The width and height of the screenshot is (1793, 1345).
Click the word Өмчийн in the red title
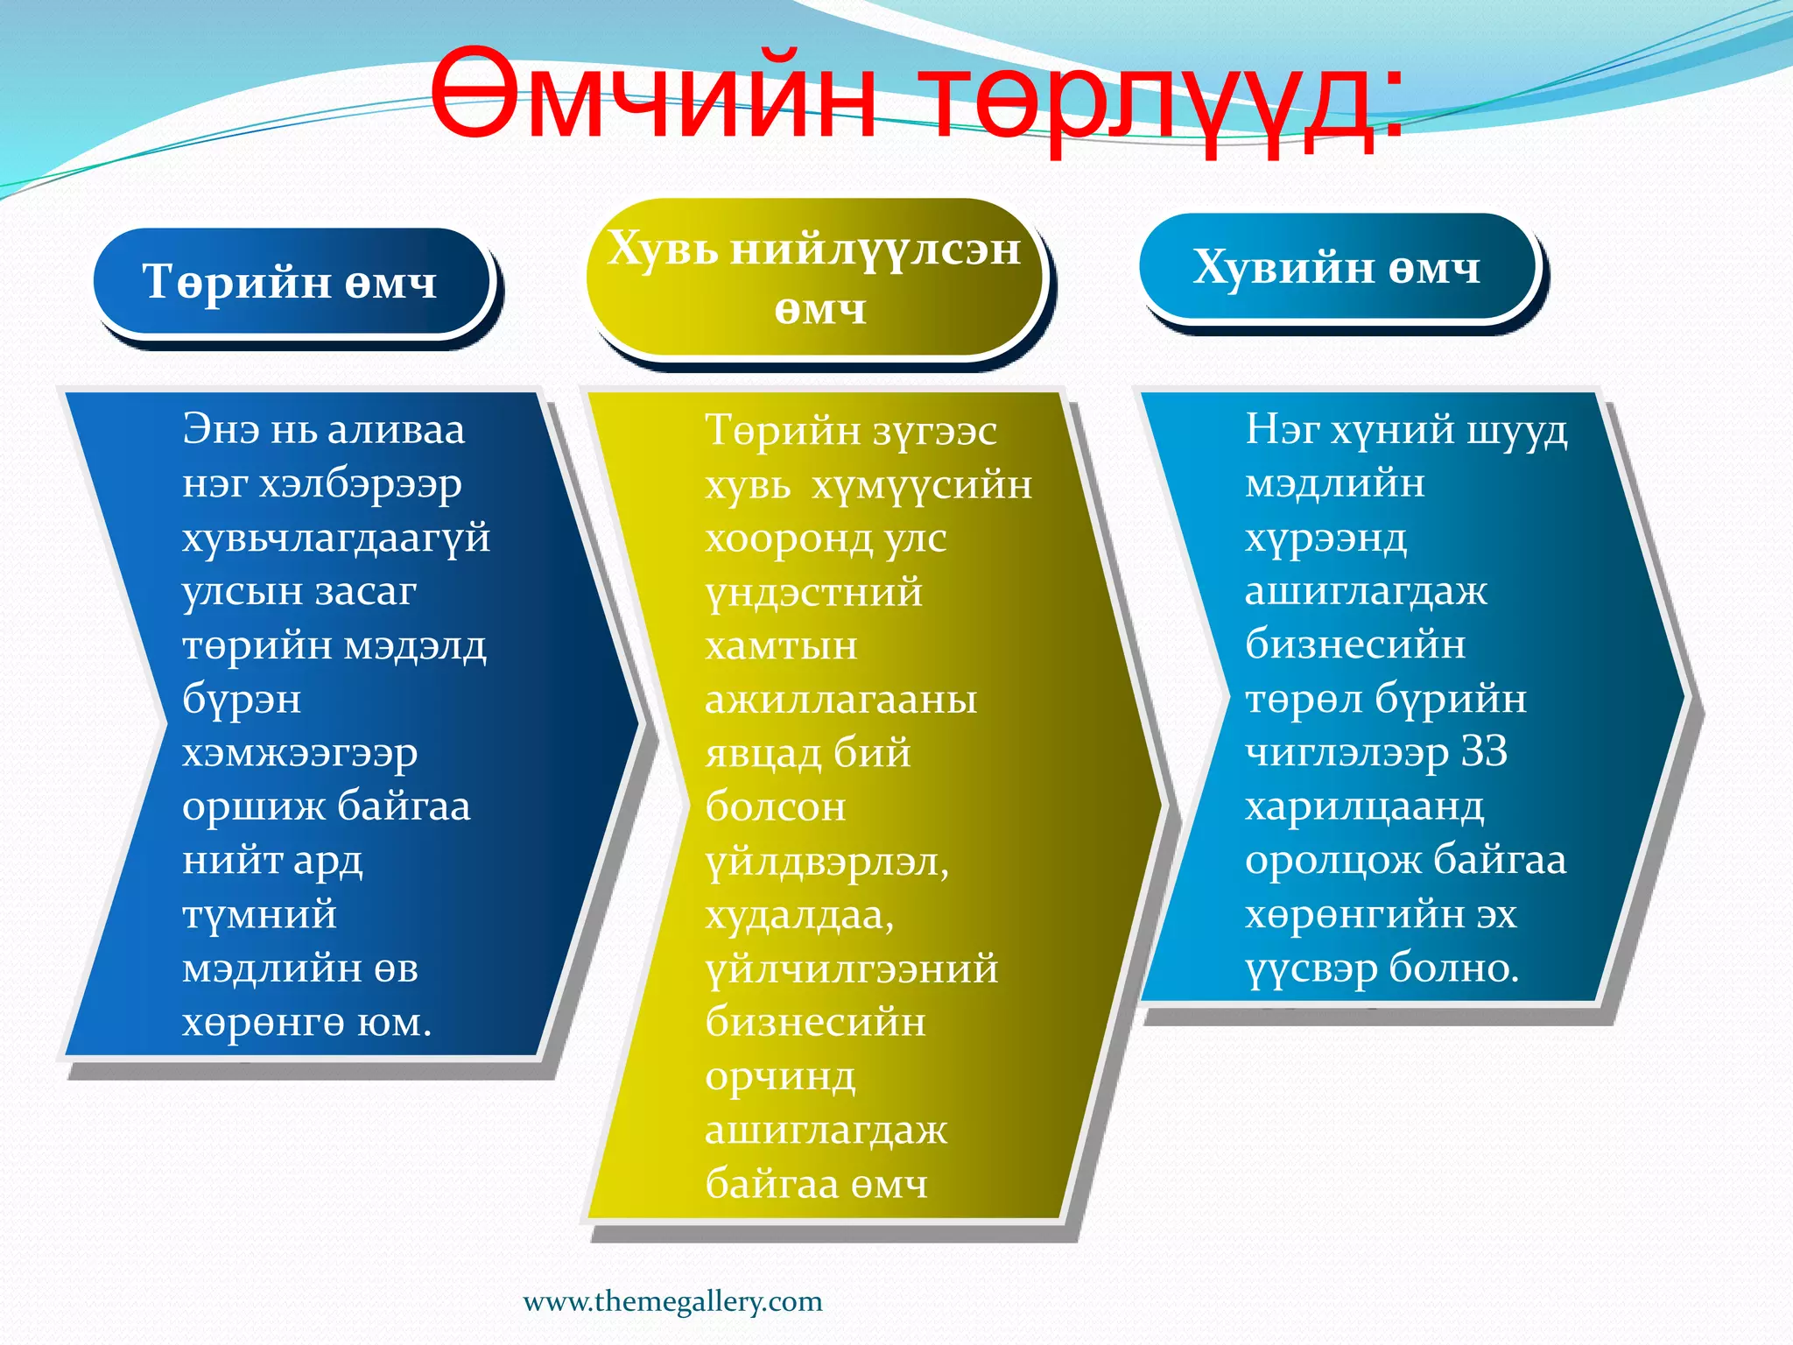(x=652, y=96)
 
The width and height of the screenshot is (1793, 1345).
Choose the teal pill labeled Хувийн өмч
(x=1337, y=267)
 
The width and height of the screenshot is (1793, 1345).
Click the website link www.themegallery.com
(x=672, y=1301)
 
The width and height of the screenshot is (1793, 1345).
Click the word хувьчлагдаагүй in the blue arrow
(x=335, y=538)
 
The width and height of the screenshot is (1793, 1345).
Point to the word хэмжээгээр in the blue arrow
(x=299, y=753)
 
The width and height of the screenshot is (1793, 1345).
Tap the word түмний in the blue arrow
(x=259, y=915)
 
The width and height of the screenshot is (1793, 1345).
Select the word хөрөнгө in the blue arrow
(x=262, y=1023)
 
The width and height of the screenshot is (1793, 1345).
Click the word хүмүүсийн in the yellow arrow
(x=921, y=485)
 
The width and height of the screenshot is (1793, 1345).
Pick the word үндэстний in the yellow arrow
(x=813, y=593)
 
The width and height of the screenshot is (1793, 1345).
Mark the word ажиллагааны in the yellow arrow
(x=840, y=700)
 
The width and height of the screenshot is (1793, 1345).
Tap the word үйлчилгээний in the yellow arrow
(x=851, y=969)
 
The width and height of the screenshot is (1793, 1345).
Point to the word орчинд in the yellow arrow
(x=779, y=1077)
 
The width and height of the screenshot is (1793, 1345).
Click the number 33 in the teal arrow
(x=1484, y=751)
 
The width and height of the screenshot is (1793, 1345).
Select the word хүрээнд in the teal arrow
(x=1325, y=538)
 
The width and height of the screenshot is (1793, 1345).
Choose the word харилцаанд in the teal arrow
(x=1364, y=806)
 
